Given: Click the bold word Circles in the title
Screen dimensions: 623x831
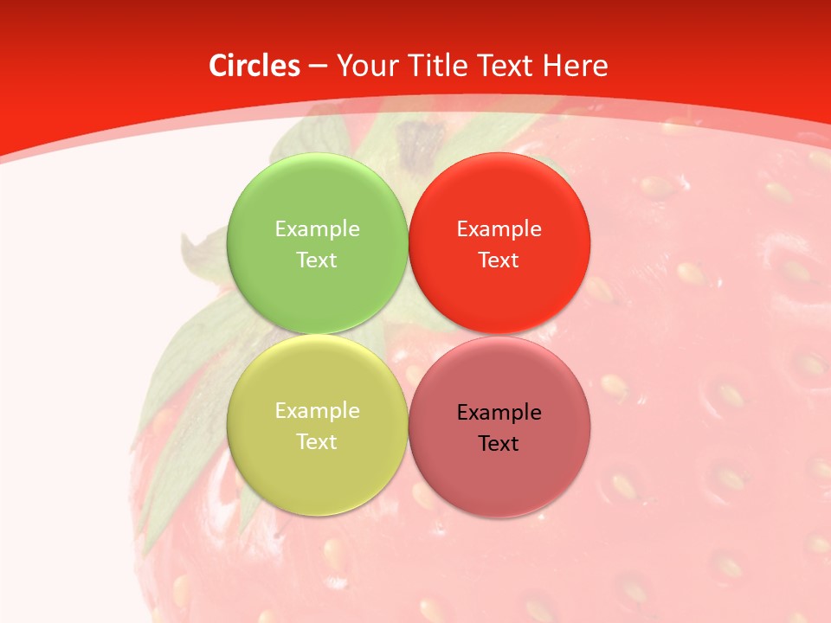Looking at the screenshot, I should pos(254,66).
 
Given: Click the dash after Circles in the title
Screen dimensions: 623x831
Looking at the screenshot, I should pos(318,67).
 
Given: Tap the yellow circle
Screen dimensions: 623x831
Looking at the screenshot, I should pos(317,467).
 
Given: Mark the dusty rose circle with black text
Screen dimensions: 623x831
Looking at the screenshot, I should pos(499,476).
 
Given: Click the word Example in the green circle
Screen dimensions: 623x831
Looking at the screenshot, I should pos(317,228).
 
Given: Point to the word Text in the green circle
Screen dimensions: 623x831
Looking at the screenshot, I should pos(317,260).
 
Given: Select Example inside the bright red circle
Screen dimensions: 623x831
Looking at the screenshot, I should pos(499,228).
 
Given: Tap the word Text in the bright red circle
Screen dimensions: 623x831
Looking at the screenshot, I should pos(499,260).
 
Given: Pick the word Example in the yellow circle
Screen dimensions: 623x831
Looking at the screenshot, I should pos(317,410).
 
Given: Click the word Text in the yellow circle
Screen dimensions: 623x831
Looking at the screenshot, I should pos(317,441).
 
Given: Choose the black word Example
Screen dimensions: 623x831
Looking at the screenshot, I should pos(499,412).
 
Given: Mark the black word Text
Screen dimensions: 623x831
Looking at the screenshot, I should pos(499,443).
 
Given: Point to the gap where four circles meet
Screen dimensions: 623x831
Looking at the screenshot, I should pos(408,334).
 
